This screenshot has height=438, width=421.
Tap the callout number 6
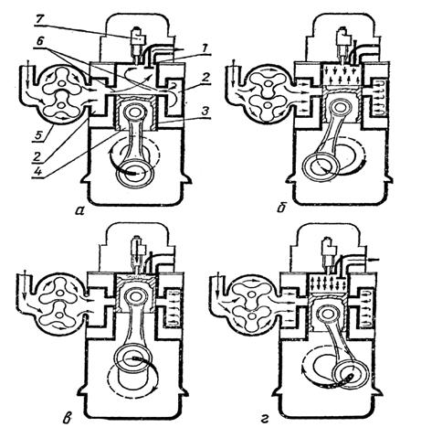click(x=40, y=43)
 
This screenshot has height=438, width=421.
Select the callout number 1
click(x=205, y=48)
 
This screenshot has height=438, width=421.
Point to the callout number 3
click(x=205, y=112)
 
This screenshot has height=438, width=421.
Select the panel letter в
click(x=68, y=419)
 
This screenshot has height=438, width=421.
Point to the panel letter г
click(x=265, y=420)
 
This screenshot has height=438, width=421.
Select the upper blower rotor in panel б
click(x=268, y=84)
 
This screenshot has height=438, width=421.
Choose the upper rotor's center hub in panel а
click(x=62, y=83)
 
